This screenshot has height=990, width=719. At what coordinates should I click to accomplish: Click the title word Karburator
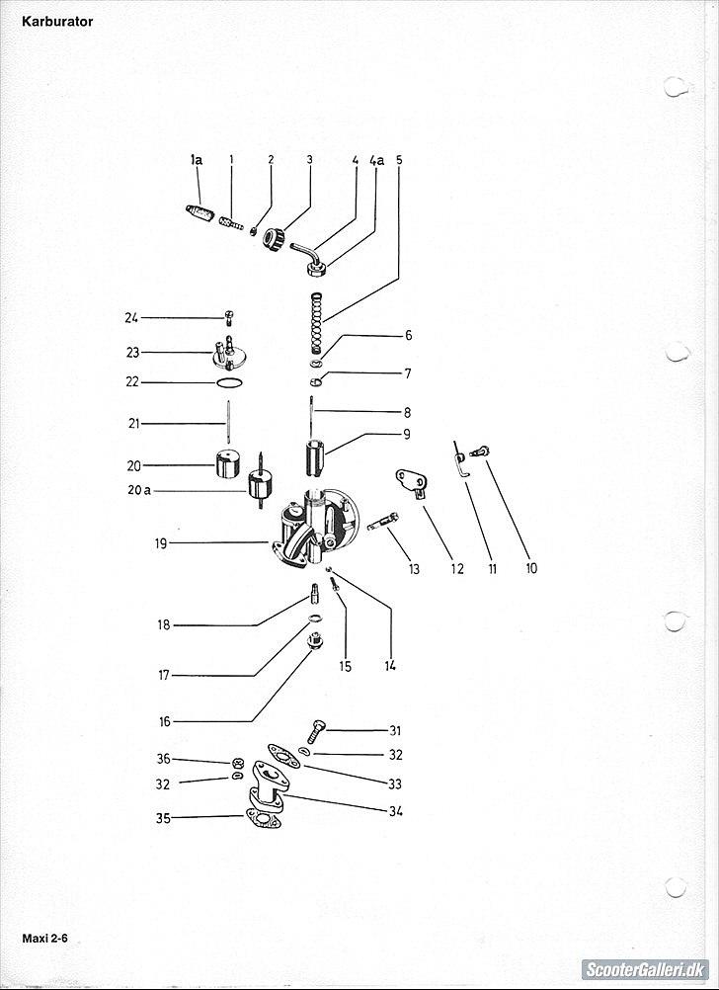[x=57, y=21]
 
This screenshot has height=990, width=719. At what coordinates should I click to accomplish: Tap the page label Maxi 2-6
[x=48, y=935]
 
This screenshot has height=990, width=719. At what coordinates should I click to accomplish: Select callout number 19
[x=161, y=542]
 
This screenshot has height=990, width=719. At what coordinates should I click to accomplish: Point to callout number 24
[x=131, y=318]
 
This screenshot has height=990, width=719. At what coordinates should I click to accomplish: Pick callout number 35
[x=163, y=818]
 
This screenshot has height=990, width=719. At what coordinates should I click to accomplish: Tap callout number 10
[x=531, y=568]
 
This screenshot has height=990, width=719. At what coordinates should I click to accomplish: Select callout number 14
[x=390, y=666]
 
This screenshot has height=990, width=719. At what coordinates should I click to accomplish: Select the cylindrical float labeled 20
[x=229, y=463]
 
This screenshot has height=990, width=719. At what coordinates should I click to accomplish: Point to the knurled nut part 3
[x=274, y=238]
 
